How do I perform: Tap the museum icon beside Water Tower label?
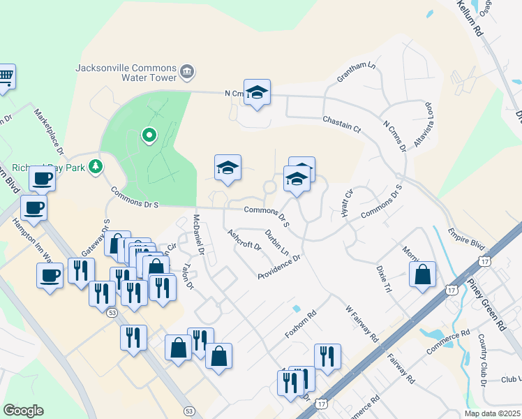pos(187,71)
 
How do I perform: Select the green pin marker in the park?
pos(148,135)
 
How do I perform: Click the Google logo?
pos(23,411)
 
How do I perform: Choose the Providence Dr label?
pos(278,267)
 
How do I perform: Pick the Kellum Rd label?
pos(470,18)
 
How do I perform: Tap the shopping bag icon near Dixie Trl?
pos(422,274)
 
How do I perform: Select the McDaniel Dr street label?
pos(199,233)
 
